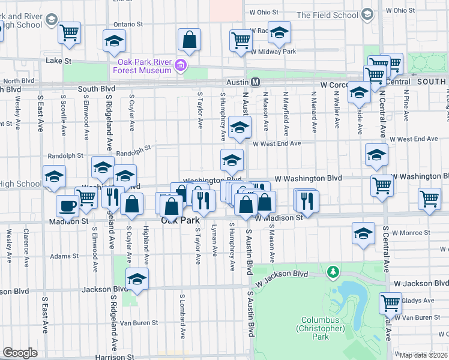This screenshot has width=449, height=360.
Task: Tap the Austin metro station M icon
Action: (x=255, y=82)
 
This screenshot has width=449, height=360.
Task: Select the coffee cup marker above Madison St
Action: (x=67, y=206)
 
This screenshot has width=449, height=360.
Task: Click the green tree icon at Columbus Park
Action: (x=333, y=272)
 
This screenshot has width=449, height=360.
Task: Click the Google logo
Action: (x=20, y=353)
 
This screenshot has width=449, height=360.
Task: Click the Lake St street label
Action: (x=59, y=61)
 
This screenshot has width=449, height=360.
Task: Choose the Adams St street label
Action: (x=64, y=256)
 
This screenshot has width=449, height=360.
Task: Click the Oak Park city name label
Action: (x=180, y=221)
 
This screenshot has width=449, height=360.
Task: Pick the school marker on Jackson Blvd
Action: (x=137, y=279)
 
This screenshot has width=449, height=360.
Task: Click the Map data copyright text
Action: (x=424, y=355)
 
